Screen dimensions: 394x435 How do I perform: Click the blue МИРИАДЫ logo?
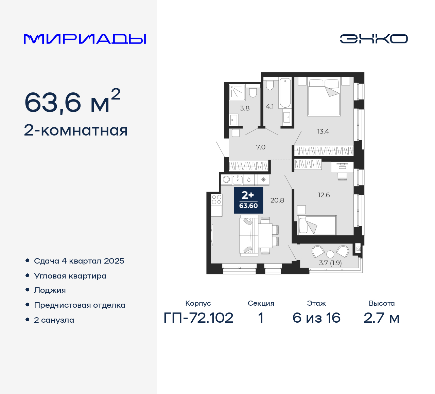click(x=85, y=39)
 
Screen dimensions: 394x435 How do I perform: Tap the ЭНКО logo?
click(x=373, y=39)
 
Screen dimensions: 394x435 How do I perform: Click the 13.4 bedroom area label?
click(x=323, y=131)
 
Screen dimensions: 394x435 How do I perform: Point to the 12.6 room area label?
click(x=324, y=195)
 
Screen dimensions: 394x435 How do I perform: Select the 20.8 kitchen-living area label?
click(x=277, y=200)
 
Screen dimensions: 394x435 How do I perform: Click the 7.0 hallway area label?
click(x=261, y=147)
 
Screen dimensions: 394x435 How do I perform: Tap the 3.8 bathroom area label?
click(x=245, y=108)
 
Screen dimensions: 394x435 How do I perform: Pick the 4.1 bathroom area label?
click(x=270, y=107)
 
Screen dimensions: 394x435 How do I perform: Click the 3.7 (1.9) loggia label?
click(x=330, y=263)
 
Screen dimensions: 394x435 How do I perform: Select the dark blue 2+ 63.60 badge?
click(x=248, y=200)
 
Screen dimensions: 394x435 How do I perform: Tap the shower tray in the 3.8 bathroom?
click(x=237, y=93)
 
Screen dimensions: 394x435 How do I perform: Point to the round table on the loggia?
click(x=330, y=254)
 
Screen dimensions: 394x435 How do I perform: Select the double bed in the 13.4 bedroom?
click(x=324, y=97)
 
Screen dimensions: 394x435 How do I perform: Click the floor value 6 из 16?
click(x=316, y=318)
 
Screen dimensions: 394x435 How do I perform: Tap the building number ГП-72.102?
click(x=198, y=318)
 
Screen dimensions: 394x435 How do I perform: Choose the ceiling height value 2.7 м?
click(x=381, y=318)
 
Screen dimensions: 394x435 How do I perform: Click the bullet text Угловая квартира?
click(x=70, y=276)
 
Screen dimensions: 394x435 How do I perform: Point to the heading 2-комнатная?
click(x=76, y=130)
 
